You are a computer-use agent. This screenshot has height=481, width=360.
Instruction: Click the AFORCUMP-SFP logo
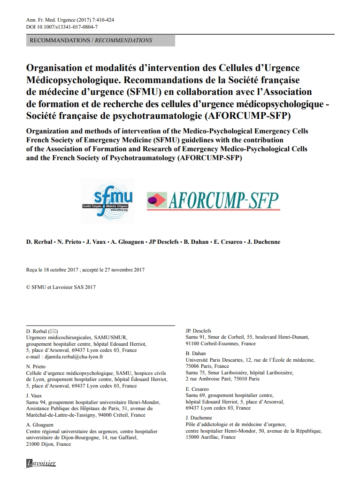[213, 201]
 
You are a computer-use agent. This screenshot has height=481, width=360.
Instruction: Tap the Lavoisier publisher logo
[41, 463]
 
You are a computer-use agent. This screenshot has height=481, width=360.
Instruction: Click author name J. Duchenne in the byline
[263, 242]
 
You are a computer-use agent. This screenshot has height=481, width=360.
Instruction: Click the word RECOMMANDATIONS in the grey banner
[60, 40]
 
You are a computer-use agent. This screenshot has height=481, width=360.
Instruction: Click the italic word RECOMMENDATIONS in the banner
[124, 40]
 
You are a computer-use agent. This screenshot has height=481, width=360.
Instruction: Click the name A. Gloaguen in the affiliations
[40, 425]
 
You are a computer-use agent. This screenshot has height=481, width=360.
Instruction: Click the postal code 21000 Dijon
[41, 444]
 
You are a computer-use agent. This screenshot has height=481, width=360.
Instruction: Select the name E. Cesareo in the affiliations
[198, 389]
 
